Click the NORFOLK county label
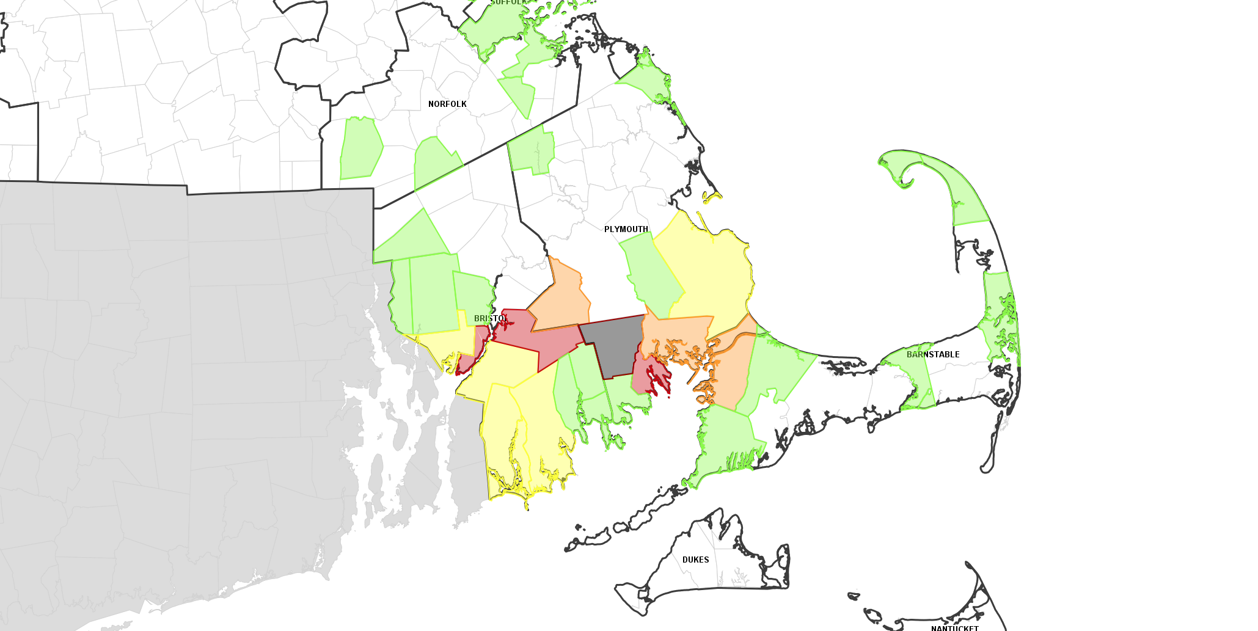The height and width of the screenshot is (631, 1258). coord(447,104)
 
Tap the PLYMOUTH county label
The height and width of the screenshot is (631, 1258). coord(626,229)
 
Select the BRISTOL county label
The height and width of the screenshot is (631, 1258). coord(491,318)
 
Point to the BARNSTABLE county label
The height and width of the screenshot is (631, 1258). coord(933,354)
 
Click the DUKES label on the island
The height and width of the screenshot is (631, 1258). coord(695,560)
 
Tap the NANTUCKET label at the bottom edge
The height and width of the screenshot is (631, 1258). coord(954,627)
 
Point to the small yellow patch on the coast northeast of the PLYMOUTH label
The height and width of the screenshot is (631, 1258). coord(712,197)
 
